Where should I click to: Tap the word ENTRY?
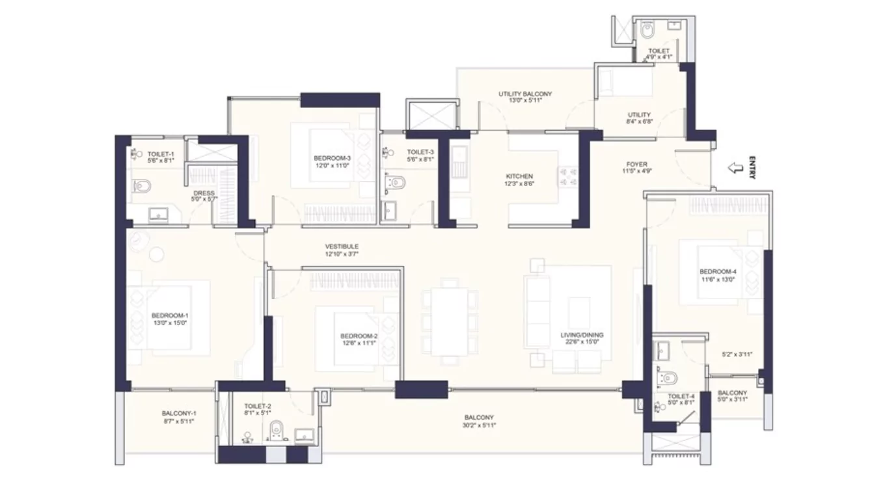(752, 168)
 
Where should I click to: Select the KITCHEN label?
(519, 176)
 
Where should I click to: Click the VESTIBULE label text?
(342, 247)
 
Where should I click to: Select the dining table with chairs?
(448, 322)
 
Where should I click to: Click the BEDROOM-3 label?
(332, 158)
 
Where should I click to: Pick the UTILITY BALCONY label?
(524, 94)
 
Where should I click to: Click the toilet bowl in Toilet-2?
(277, 431)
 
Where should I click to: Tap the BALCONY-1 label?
(179, 413)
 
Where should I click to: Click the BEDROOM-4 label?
(718, 271)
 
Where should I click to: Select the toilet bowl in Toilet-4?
(668, 377)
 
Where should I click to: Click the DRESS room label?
(204, 193)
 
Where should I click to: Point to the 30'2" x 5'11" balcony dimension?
(479, 425)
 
